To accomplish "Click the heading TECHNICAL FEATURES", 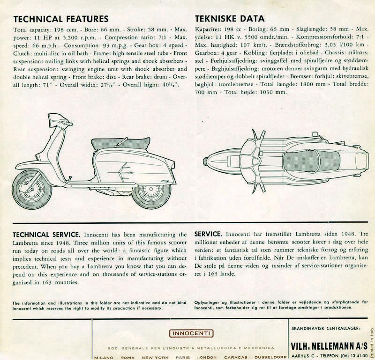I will pos(61,19).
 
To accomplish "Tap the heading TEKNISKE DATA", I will pos(229,19).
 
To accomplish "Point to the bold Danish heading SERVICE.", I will pos(208,234).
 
